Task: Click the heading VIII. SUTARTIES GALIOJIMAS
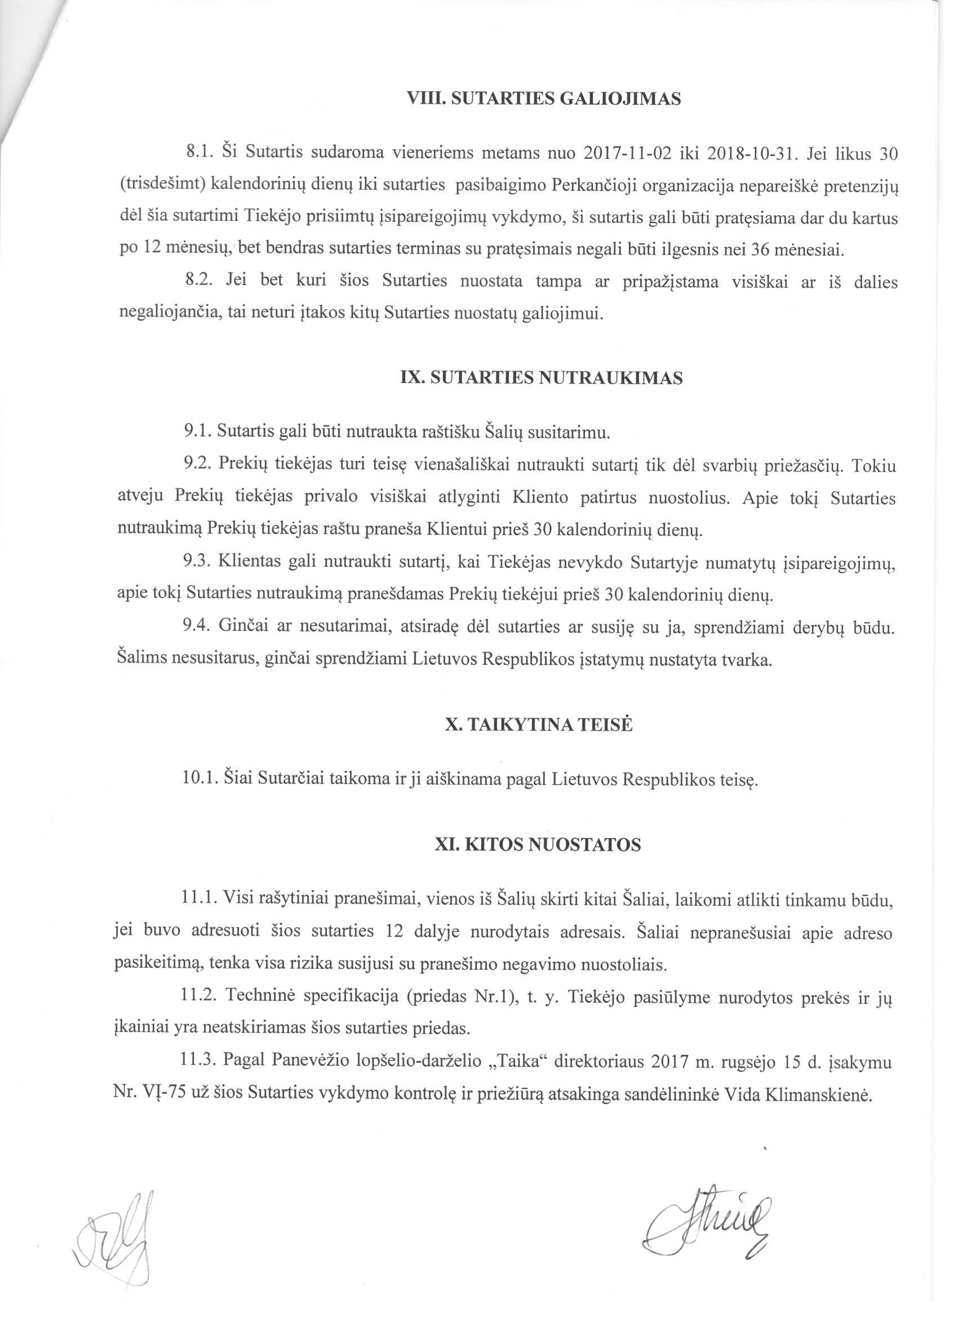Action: (x=545, y=99)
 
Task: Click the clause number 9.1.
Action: (x=198, y=432)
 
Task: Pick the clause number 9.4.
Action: (x=198, y=627)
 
